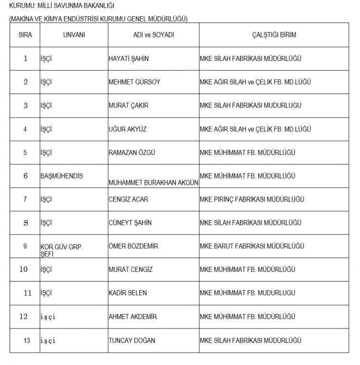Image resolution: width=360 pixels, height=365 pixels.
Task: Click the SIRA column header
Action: (25, 35)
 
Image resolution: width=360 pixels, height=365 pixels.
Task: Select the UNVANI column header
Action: (74, 35)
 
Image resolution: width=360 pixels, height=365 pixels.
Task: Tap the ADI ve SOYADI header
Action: (154, 35)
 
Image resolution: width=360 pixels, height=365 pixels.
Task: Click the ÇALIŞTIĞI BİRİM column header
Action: (274, 35)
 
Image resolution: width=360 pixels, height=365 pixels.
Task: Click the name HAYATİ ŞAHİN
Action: (129, 59)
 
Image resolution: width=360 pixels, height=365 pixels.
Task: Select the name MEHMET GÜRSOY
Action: (134, 82)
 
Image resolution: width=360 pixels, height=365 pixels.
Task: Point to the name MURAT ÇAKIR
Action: (128, 106)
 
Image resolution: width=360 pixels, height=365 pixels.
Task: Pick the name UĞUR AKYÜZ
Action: (127, 129)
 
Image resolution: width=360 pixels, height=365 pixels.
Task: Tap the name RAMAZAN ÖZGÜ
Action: (132, 153)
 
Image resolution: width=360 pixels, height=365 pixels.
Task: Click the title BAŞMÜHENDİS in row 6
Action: (61, 176)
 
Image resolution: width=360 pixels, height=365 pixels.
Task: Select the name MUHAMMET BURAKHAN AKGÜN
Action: (154, 183)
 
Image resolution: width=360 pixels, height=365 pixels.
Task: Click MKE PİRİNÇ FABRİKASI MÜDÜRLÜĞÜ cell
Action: (252, 199)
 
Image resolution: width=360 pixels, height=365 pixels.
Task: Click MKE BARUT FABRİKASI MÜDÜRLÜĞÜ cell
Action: (252, 246)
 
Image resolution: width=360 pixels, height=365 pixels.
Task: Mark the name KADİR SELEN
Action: (128, 293)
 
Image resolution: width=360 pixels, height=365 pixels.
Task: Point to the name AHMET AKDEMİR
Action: (132, 317)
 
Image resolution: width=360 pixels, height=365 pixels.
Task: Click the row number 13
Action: (27, 341)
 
